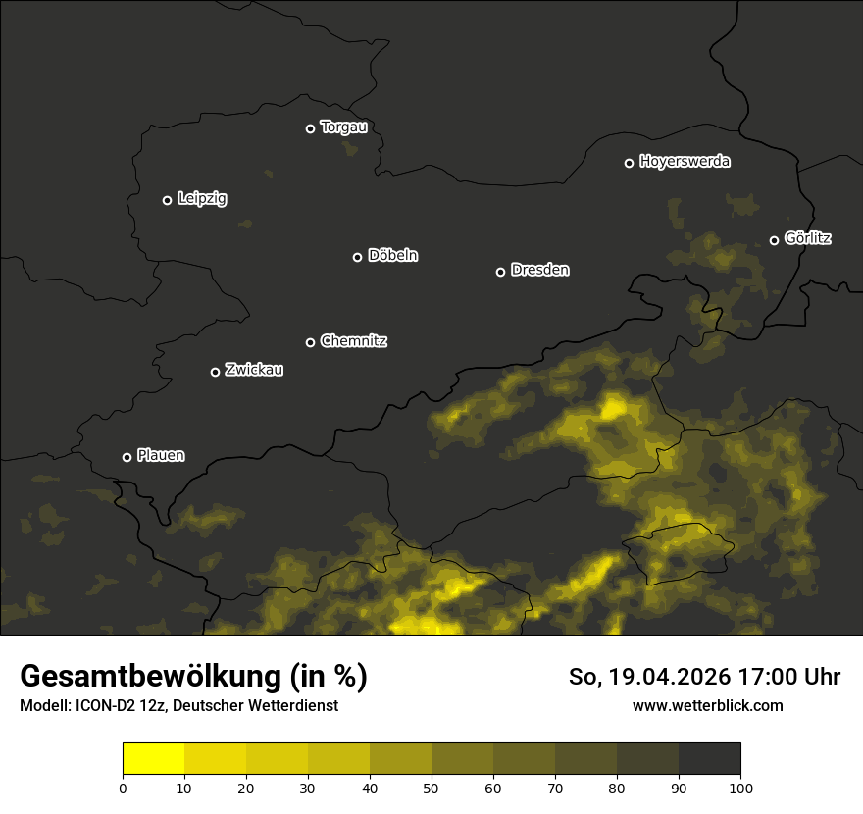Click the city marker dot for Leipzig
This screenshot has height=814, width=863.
coord(167,200)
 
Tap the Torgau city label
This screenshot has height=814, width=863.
coord(343,127)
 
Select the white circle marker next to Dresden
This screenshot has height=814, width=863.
coord(500,272)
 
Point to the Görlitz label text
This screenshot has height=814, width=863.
coord(808,238)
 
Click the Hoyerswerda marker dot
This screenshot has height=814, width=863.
coord(630,163)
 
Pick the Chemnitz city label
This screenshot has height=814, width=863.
coord(354,341)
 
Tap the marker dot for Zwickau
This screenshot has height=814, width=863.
coord(216,372)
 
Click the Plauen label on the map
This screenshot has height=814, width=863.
coord(161,455)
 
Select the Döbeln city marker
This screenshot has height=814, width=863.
coord(358,257)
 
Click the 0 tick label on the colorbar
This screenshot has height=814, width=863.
coord(123,788)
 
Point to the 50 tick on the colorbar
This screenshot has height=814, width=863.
coord(431,788)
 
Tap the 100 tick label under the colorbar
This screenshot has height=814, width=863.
coord(740,788)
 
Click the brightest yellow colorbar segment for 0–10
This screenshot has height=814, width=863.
coord(154,759)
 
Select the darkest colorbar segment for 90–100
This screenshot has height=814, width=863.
coord(709,759)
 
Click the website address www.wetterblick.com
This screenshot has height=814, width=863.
coord(708,705)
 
